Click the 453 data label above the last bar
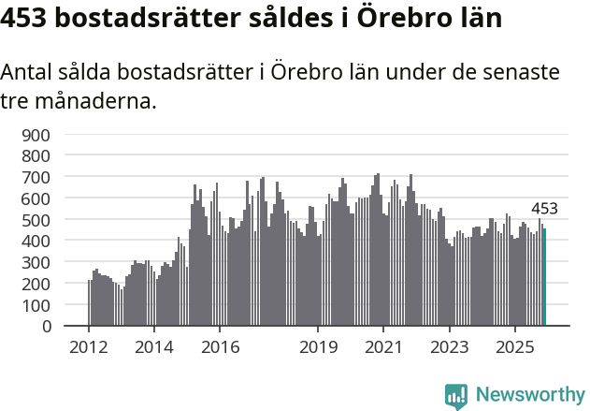(544, 209)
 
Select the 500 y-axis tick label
(36, 220)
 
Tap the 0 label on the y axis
(44, 327)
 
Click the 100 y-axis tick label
(36, 305)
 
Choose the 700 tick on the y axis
(36, 177)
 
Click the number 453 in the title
(28, 18)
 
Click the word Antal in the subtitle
(30, 73)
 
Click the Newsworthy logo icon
(456, 395)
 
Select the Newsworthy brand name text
(529, 395)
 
